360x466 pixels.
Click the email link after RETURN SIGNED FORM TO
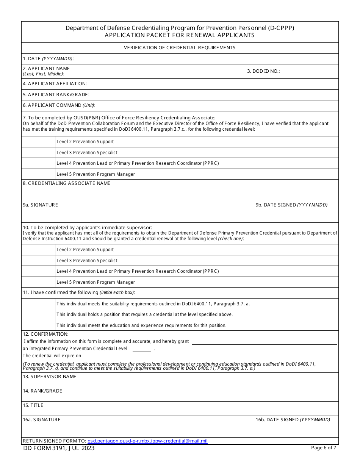(x=147, y=441)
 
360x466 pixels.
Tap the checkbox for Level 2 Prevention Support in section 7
(x=38, y=142)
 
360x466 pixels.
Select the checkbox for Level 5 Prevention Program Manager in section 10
(x=38, y=282)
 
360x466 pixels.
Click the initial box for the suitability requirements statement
(x=38, y=304)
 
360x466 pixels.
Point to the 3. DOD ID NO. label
(x=263, y=71)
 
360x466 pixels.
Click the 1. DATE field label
(x=48, y=59)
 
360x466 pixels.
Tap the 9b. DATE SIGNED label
(x=291, y=205)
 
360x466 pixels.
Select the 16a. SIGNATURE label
(x=41, y=420)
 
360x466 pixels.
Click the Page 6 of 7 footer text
(x=323, y=448)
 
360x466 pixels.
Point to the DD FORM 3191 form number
(x=59, y=449)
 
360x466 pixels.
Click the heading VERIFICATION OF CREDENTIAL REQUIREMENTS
(x=180, y=48)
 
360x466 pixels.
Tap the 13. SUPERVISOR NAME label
(x=49, y=377)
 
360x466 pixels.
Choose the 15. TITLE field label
(x=33, y=405)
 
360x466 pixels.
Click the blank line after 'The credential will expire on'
(x=116, y=357)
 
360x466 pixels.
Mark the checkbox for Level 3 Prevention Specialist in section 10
(x=38, y=261)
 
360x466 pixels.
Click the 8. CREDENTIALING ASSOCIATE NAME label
(x=66, y=183)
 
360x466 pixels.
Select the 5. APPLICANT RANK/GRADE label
(x=56, y=95)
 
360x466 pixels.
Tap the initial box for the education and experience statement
(x=38, y=325)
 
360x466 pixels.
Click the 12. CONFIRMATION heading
(x=45, y=334)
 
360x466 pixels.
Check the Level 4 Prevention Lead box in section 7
(x=38, y=163)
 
